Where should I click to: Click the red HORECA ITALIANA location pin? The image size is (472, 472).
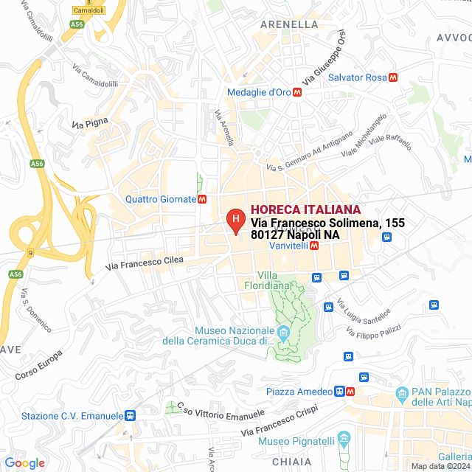click(x=235, y=219)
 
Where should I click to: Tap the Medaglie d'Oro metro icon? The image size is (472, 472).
click(x=297, y=93)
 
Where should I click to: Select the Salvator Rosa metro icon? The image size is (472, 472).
click(x=393, y=77)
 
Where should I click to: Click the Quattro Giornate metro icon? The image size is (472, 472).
click(x=202, y=199)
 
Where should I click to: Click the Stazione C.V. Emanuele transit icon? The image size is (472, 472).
click(x=131, y=416)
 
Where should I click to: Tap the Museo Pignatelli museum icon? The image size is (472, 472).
click(x=343, y=441)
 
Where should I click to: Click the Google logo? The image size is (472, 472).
click(x=24, y=463)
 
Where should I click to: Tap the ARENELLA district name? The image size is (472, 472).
click(x=289, y=24)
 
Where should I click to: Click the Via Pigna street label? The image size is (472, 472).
click(x=90, y=122)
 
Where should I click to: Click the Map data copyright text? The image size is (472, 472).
click(x=440, y=466)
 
